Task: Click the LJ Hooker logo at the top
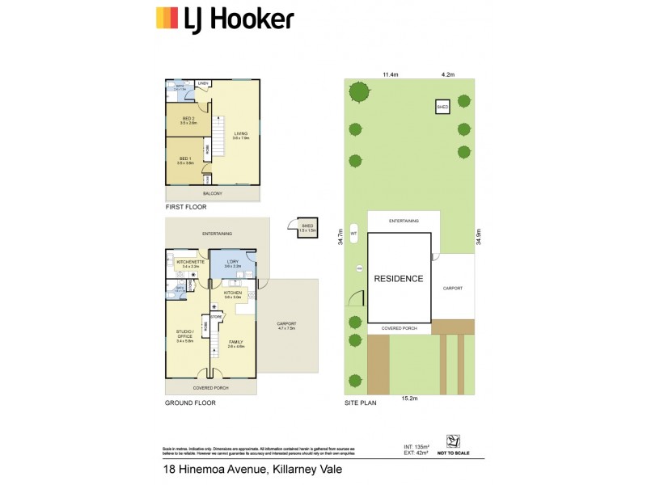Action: pos(225,17)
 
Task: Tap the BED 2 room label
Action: pos(188,120)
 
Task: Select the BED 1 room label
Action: pos(184,160)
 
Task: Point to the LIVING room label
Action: pos(241,136)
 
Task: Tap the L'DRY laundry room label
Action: pos(233,263)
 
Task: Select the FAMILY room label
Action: pos(235,343)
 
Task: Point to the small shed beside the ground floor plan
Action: pos(305,229)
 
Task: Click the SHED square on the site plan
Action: pos(442,107)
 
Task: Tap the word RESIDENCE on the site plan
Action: pos(398,279)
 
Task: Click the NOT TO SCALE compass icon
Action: pos(455,442)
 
